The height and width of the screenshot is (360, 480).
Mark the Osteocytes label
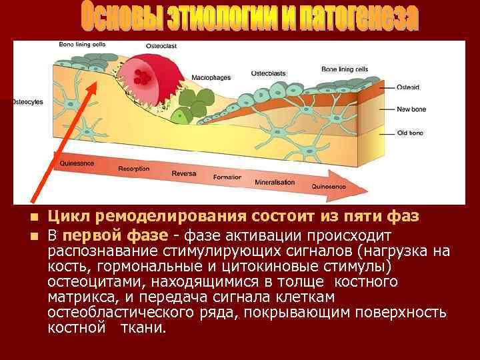pyautogui.click(x=26, y=102)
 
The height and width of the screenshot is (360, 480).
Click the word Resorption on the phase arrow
pyautogui.click(x=133, y=169)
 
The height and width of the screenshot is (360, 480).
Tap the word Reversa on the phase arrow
pyautogui.click(x=183, y=173)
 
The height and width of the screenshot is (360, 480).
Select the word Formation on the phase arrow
pyautogui.click(x=227, y=177)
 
